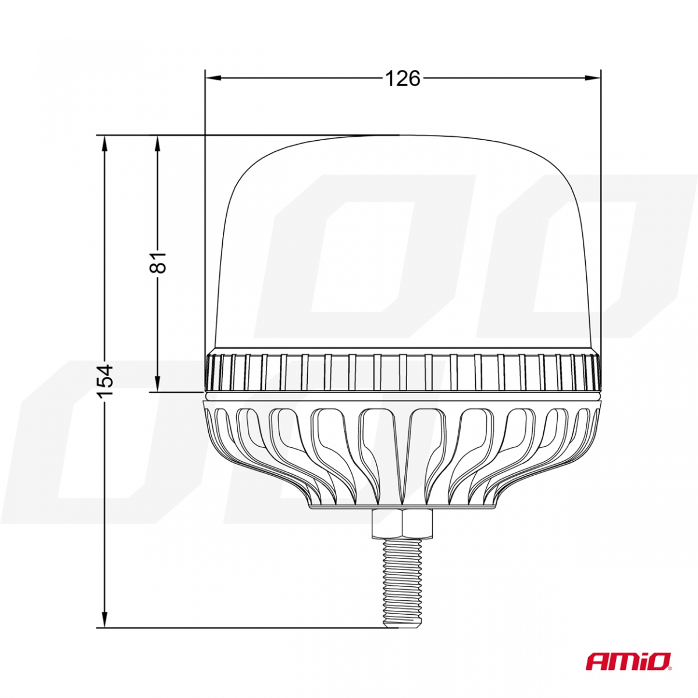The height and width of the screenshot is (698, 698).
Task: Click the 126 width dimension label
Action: pyautogui.click(x=403, y=78)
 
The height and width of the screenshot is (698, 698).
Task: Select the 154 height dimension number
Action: pyautogui.click(x=105, y=381)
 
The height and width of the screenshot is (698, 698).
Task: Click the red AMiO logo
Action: pyautogui.click(x=628, y=661)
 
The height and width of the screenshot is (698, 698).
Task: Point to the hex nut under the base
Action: pyautogui.click(x=401, y=523)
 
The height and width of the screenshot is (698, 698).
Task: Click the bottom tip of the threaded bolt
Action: pyautogui.click(x=401, y=626)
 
